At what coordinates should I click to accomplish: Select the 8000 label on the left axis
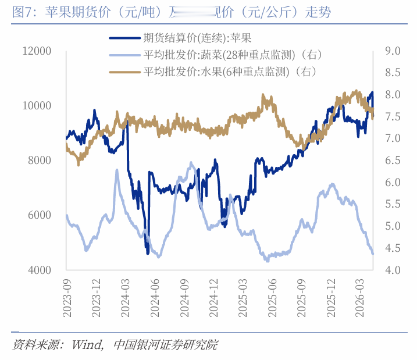[40, 161]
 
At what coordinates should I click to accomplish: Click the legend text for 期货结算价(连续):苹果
[197, 38]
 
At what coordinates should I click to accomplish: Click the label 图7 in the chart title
[23, 12]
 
